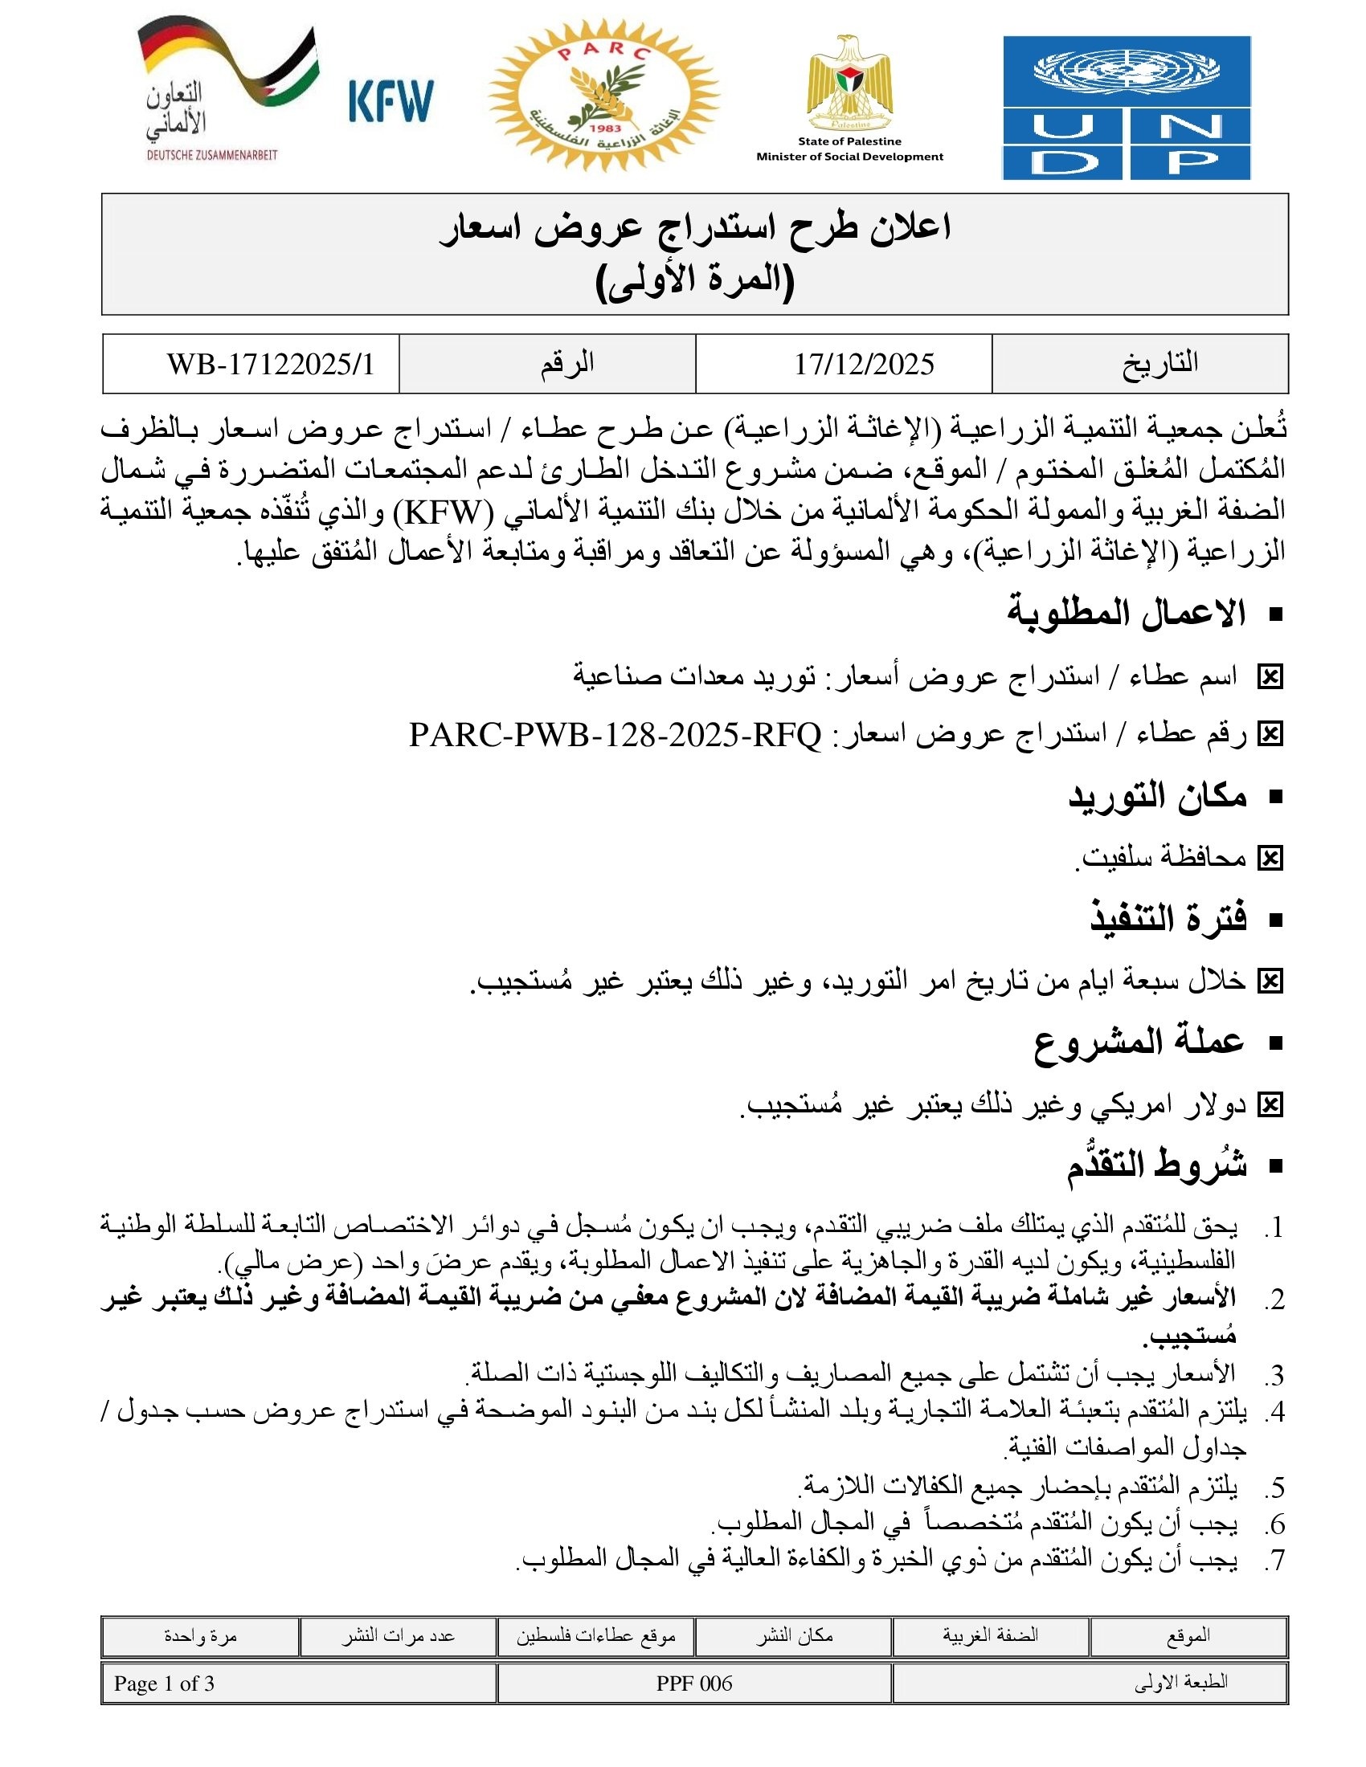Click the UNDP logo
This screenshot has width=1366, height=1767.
[x=1126, y=108]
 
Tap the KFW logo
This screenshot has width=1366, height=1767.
[x=391, y=101]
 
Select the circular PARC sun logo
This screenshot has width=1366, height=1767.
[x=603, y=96]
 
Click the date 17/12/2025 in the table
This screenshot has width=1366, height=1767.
[x=864, y=364]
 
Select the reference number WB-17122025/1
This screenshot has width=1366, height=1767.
[x=271, y=364]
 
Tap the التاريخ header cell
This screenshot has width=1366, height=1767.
[x=1159, y=364]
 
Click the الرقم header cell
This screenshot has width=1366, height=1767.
[x=567, y=364]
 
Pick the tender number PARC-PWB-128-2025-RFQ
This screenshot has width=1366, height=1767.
[x=615, y=736]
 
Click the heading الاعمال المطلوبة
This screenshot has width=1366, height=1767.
[x=1127, y=613]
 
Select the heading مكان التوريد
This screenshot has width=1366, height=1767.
[x=1157, y=796]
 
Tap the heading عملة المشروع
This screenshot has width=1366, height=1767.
[x=1139, y=1041]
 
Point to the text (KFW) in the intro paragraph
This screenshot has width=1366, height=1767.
[x=443, y=512]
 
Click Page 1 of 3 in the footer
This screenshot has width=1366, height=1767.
[x=164, y=1683]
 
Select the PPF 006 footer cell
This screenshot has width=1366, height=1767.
[x=693, y=1683]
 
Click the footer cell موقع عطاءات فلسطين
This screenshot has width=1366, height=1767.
[x=595, y=1637]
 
